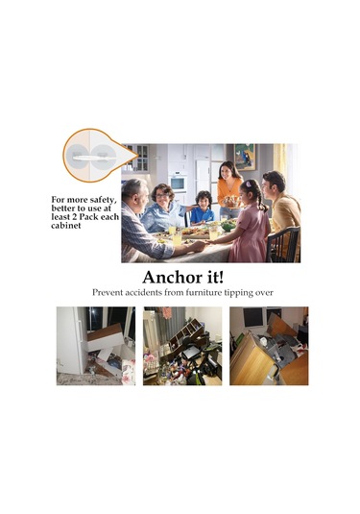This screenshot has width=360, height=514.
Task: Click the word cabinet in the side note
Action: (66, 226)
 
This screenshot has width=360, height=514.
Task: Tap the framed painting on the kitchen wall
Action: (245, 157)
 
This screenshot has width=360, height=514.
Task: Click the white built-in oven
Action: (179, 184)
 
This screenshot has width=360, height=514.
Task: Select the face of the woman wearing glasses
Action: (162, 196)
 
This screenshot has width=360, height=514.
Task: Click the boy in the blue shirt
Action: (203, 208)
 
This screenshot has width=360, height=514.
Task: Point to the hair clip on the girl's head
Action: (248, 184)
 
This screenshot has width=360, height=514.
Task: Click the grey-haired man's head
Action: (134, 194)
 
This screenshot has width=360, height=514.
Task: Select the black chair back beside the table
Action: (283, 245)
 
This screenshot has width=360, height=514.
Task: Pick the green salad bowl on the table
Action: (228, 226)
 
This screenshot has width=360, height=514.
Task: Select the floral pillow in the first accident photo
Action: (128, 372)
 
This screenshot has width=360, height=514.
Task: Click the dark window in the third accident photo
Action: (253, 317)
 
